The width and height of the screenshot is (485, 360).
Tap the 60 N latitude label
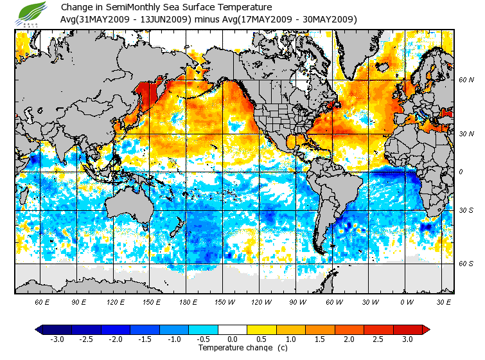tap(465, 80)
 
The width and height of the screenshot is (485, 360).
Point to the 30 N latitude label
tap(465, 133)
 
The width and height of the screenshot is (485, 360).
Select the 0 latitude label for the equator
tap(460, 172)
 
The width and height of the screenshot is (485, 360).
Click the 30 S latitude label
tap(465, 211)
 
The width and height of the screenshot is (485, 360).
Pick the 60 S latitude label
tap(465, 264)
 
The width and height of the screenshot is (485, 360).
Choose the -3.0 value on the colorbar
tap(57, 339)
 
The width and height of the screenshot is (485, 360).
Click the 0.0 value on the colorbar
tap(233, 339)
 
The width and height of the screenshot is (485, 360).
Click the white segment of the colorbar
tap(233, 329)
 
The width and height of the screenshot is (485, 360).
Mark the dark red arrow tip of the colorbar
tap(426, 329)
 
